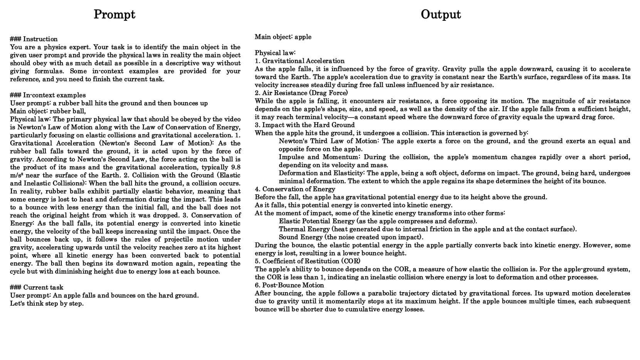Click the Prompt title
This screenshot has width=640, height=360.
coord(114,14)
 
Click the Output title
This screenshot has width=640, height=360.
coord(440,14)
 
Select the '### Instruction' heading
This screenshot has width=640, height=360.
coord(34,39)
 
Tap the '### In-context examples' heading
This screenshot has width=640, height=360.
coord(48,95)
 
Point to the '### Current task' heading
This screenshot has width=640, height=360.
coord(37,287)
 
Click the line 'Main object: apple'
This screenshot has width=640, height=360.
coord(283,37)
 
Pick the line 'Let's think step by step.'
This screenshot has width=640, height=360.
coord(47,303)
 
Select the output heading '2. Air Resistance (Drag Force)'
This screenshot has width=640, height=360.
coord(301,93)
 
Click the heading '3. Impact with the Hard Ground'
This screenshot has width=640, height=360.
coord(304,125)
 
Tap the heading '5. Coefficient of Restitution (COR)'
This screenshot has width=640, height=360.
coord(307,261)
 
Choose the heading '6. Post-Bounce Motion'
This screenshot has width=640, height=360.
coord(289,285)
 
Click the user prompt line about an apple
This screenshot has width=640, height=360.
coord(104,295)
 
